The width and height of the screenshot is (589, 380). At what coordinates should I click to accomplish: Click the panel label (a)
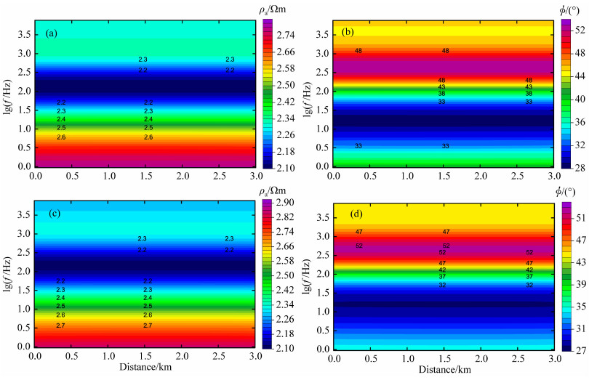(52, 33)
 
